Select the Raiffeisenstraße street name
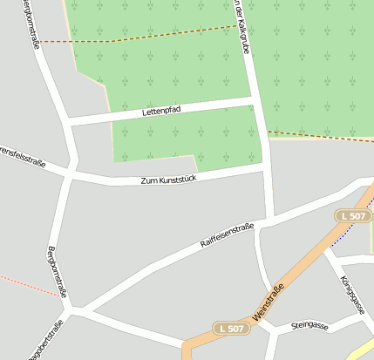point(227,234)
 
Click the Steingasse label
point(309,326)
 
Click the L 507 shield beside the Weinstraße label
point(231,328)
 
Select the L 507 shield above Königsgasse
point(353,215)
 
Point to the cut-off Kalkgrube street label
point(241,26)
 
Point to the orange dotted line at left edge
point(26,285)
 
